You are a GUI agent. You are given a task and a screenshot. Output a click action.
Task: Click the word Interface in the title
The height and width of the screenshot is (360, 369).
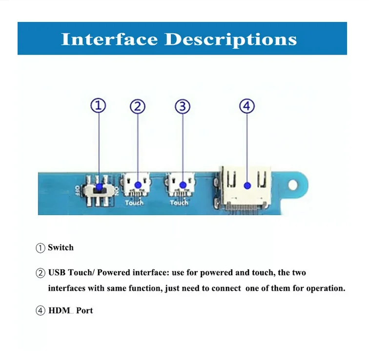[110, 39]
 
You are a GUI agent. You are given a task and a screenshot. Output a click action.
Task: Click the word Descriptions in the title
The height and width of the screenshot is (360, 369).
[230, 39]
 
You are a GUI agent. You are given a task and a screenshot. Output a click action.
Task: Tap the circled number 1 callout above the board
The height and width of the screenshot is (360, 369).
[99, 105]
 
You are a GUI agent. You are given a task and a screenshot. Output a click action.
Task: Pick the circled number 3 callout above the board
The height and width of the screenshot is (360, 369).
[183, 106]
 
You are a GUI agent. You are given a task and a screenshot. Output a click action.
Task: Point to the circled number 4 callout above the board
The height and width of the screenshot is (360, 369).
[247, 106]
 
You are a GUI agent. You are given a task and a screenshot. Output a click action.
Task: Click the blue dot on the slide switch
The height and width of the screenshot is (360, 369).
[100, 186]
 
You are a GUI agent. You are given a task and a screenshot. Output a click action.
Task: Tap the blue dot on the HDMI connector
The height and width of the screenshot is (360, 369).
[247, 185]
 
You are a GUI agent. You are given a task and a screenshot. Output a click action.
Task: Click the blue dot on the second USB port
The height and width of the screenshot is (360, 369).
[138, 185]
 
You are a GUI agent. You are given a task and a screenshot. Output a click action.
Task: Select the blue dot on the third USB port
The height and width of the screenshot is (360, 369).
[183, 185]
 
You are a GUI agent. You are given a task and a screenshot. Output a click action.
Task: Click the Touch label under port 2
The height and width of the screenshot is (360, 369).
[134, 202]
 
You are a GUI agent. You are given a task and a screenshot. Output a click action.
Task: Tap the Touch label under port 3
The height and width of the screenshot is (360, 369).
[179, 202]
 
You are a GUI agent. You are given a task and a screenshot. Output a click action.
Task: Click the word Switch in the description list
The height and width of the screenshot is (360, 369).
[61, 248]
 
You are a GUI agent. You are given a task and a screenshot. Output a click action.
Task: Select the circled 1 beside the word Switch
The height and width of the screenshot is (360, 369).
[41, 248]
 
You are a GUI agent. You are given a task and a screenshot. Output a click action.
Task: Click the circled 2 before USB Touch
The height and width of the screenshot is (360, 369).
[41, 273]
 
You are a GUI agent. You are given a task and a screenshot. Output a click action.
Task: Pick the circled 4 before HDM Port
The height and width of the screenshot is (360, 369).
[41, 311]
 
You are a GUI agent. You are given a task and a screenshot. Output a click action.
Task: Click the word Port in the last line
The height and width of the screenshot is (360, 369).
[84, 311]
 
